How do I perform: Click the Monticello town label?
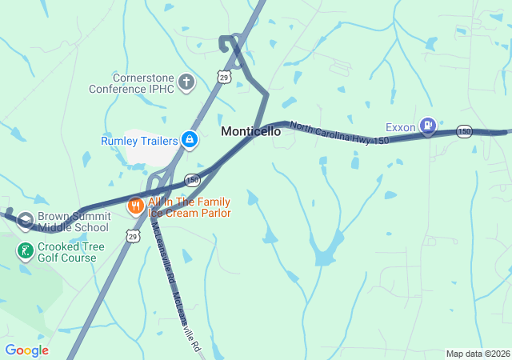tap(250, 131)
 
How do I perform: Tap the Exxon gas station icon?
tap(429, 125)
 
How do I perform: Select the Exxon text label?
tap(400, 126)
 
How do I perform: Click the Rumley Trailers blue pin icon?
tap(189, 141)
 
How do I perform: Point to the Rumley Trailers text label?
tap(138, 141)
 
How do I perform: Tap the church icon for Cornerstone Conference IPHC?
tap(186, 82)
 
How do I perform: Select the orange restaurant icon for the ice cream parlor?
tap(135, 206)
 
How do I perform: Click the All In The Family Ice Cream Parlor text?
tap(189, 207)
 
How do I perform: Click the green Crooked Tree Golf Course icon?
tap(26, 251)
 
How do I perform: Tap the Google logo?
tap(26, 350)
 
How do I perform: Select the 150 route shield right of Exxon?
tap(465, 130)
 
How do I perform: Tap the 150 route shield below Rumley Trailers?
tap(192, 180)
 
